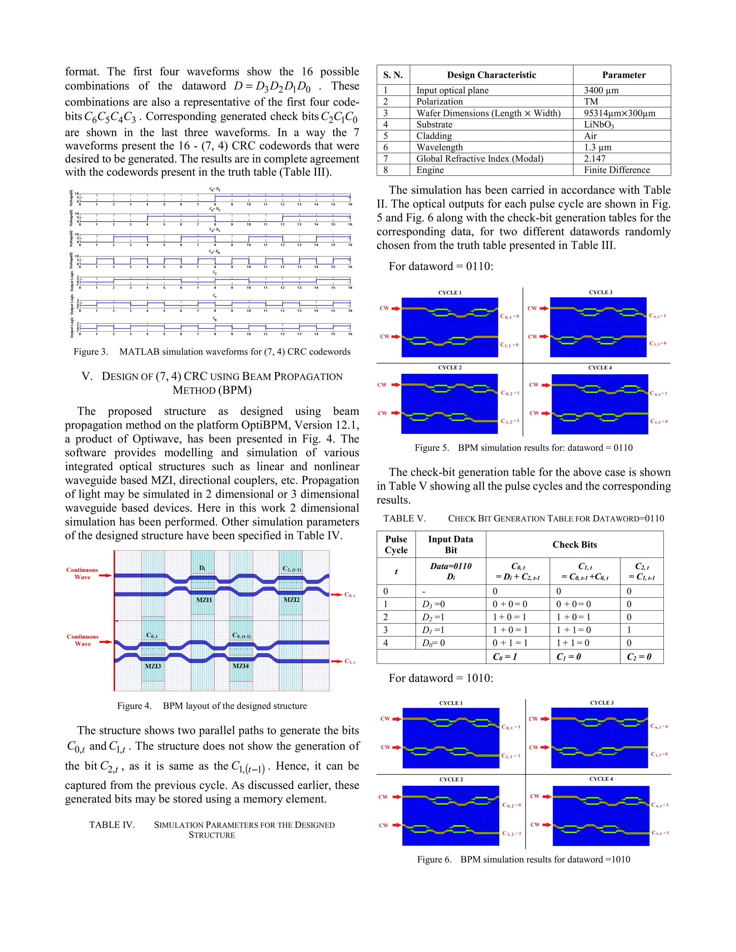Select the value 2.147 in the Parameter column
click(594, 159)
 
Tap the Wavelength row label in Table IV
click(439, 147)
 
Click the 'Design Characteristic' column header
click(491, 75)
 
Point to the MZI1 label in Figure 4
click(204, 600)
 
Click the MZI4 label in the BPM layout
click(241, 666)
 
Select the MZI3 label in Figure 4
click(153, 666)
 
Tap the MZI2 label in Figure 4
click(291, 600)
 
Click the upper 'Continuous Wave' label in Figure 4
click(82, 573)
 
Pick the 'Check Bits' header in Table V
click(574, 544)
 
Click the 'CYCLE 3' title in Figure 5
click(601, 292)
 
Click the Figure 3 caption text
click(212, 352)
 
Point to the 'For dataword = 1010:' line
click(440, 678)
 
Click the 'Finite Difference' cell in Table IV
click(617, 170)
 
